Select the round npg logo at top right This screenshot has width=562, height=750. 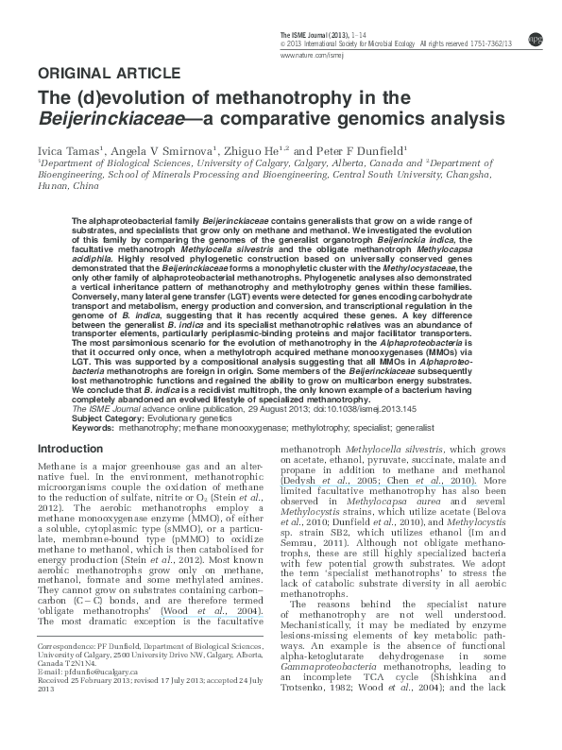(x=536, y=39)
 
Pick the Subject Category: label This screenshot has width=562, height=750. (x=105, y=418)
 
